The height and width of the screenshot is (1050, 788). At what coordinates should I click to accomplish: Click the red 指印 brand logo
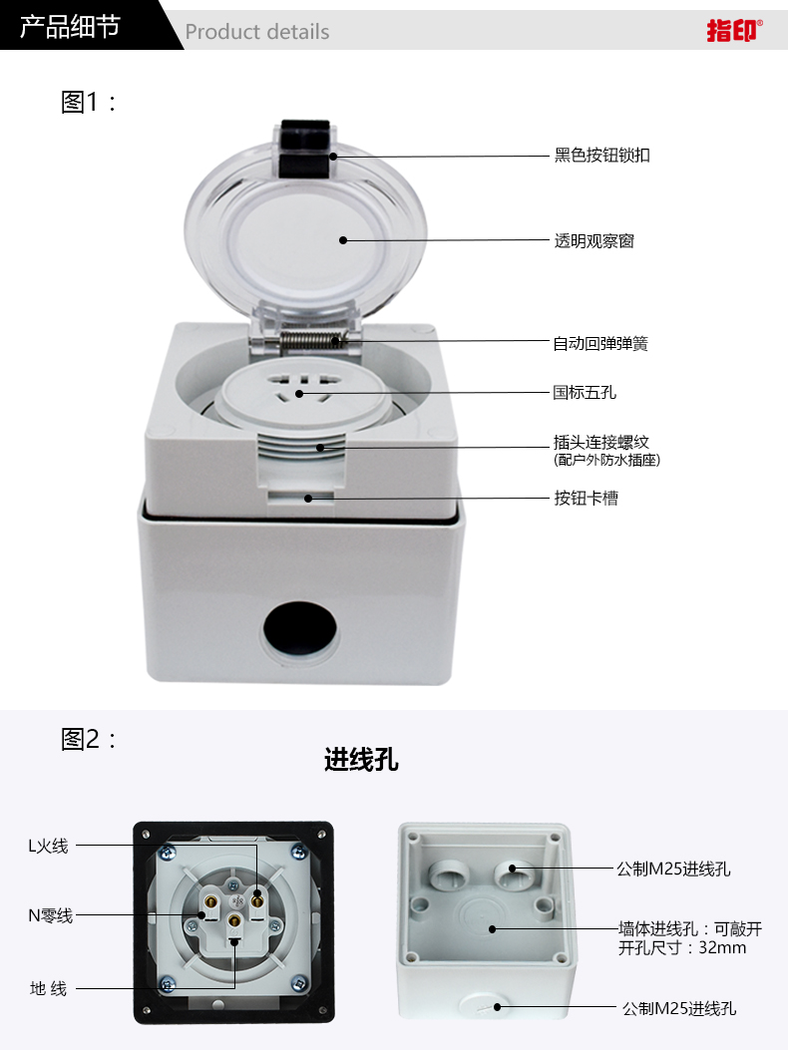734,30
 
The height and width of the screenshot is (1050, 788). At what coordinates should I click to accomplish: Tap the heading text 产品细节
70,27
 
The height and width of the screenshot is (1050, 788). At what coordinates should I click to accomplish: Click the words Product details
257,32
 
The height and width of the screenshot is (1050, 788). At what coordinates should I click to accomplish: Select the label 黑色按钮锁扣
601,156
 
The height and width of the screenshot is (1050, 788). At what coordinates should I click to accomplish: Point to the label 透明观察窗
593,240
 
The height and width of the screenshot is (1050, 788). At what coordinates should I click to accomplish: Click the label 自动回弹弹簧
600,344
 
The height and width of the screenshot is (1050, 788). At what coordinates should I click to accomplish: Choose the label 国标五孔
585,393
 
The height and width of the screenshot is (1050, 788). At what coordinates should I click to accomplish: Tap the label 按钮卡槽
586,499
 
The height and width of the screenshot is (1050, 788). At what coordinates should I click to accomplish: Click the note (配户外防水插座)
607,460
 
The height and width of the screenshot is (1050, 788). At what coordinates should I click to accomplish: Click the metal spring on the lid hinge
311,341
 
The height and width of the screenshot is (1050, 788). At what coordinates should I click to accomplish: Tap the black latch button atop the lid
305,149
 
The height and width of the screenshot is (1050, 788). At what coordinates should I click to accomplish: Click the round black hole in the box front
299,631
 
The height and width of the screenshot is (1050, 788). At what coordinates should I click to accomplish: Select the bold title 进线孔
361,760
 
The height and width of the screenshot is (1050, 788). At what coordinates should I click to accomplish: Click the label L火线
48,846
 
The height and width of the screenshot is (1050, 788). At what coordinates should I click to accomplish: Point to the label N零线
50,915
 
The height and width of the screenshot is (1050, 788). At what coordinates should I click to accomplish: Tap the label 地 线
48,988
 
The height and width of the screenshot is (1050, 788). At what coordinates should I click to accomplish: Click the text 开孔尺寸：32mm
682,947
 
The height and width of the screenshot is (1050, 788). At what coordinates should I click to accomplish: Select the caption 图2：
89,739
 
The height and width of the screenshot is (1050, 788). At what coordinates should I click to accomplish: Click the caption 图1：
89,102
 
